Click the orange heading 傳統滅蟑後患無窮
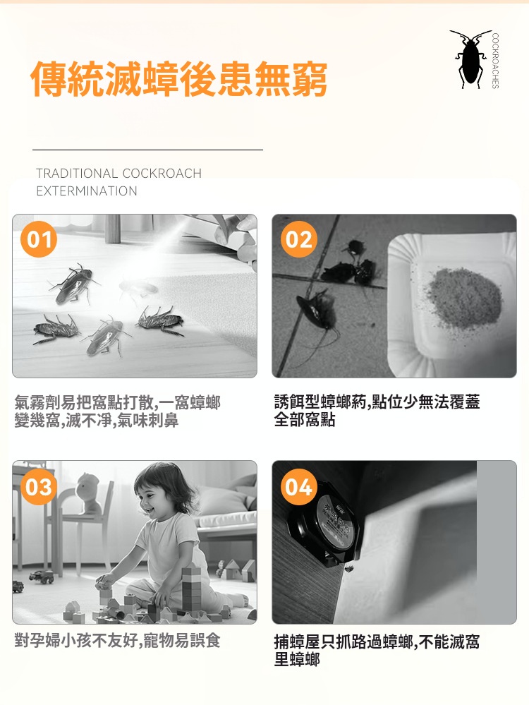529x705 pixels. [x=179, y=80]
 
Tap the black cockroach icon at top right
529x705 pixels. [x=470, y=59]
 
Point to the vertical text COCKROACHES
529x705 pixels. [x=495, y=61]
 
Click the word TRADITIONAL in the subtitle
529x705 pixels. [x=77, y=173]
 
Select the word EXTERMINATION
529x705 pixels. [x=87, y=191]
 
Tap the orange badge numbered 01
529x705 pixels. [x=39, y=239]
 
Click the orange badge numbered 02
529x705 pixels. [x=299, y=239]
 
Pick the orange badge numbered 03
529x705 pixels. [x=39, y=487]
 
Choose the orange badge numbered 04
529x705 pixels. [x=299, y=487]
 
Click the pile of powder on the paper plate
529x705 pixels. [x=463, y=298]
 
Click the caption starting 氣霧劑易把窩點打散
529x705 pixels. [x=117, y=411]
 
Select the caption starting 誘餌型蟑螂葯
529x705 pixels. [x=377, y=411]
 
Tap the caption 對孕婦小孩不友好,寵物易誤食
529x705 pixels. [x=117, y=641]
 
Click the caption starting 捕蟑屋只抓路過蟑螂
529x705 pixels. [x=377, y=650]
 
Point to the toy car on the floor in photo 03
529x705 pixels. [x=42, y=577]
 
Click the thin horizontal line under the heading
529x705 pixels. [x=147, y=150]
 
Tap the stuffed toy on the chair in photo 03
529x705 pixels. [x=89, y=493]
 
